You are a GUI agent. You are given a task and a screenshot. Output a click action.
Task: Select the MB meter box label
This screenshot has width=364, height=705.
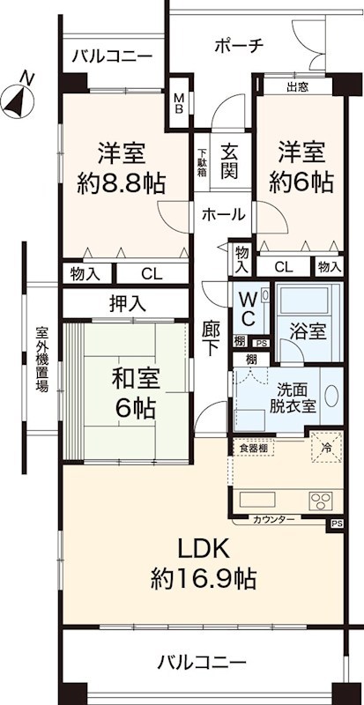coord(179,103)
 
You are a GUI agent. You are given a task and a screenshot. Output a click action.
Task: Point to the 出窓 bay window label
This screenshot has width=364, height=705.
coord(298,86)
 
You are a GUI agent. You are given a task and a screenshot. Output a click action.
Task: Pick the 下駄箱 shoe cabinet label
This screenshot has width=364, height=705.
coord(202,160)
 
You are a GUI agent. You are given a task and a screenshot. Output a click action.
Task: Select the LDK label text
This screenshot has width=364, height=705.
coord(204,548)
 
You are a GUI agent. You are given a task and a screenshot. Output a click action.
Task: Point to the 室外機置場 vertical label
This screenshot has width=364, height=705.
coord(40,360)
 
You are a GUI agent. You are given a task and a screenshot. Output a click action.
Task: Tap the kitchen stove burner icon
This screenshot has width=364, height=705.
coord(319,501)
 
